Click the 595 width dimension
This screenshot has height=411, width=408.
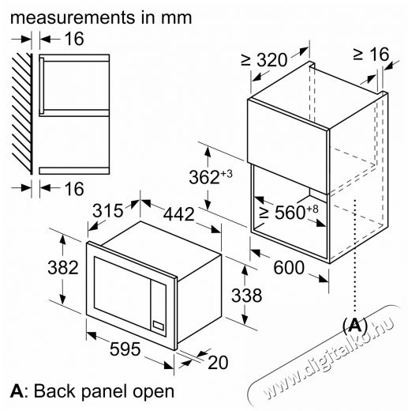tap(125, 349)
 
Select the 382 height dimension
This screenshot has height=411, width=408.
tap(63, 268)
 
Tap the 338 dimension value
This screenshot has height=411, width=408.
tap(246, 296)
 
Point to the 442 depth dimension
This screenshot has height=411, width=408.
tap(179, 214)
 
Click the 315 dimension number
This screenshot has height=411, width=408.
tap(108, 210)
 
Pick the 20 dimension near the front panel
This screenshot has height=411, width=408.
tap(218, 363)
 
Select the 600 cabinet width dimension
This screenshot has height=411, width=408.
tap(289, 268)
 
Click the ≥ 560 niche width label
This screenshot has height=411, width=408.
tap(289, 212)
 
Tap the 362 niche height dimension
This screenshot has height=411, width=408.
tap(211, 177)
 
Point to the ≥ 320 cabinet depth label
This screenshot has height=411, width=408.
tap(264, 60)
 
